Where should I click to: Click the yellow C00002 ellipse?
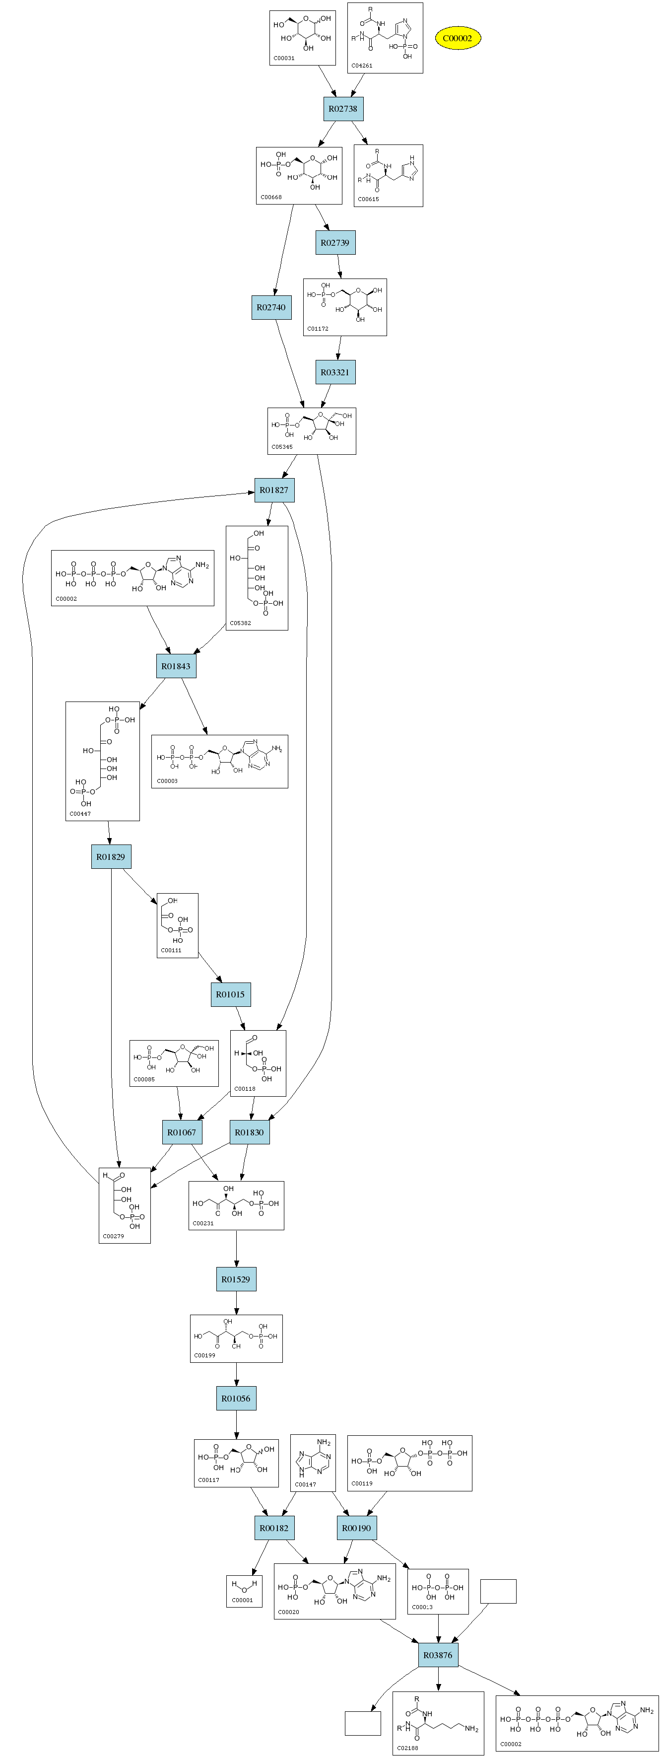point(457,38)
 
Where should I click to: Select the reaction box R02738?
point(342,109)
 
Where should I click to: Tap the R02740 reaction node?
point(271,307)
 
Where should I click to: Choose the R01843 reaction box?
point(176,666)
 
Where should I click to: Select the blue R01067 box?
point(182,1132)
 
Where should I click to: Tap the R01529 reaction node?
point(236,1279)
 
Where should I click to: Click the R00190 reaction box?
point(356,1527)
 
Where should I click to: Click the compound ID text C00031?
point(284,59)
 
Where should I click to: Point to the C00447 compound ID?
point(80,814)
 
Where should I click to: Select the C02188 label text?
point(408,1748)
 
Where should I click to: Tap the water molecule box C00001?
point(244,1591)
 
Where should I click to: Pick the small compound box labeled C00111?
point(177,925)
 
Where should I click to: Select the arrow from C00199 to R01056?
point(236,1374)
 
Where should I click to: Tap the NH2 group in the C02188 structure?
point(471,1728)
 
